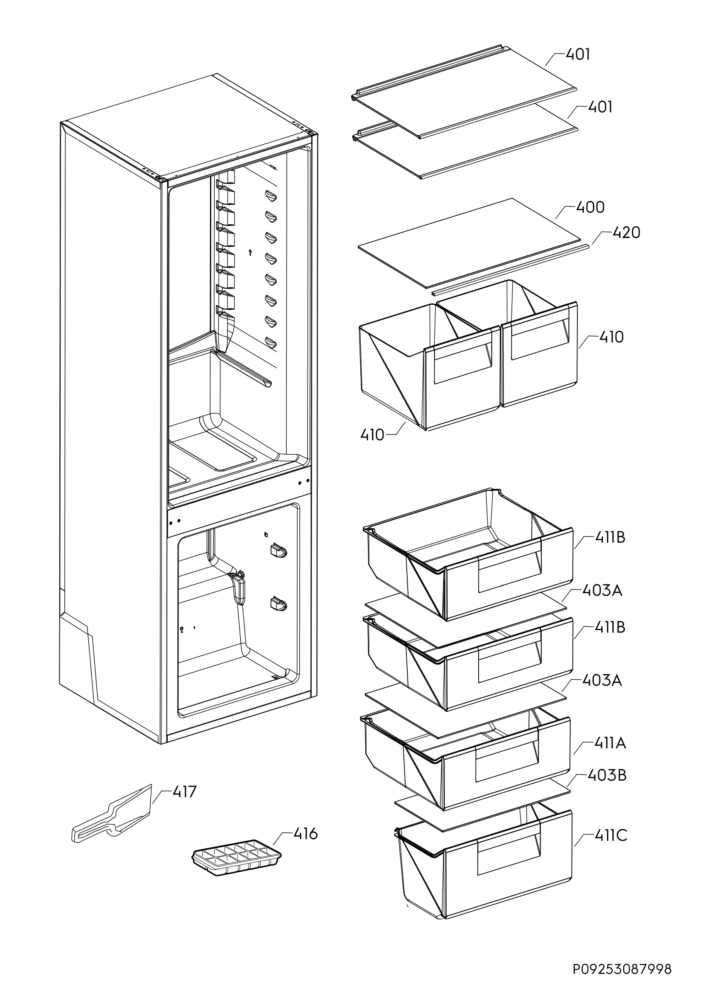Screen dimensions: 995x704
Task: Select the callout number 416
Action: (306, 833)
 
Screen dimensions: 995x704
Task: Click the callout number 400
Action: (590, 208)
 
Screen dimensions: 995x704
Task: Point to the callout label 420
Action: (626, 233)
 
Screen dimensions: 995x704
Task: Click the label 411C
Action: (610, 835)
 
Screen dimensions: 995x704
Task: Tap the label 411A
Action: (610, 744)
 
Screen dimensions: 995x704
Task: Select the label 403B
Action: (607, 775)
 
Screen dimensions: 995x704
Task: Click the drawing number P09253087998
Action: (622, 969)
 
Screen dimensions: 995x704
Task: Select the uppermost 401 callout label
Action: (578, 55)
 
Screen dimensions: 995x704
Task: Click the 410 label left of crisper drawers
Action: (372, 434)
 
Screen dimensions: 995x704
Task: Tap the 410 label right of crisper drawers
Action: (611, 337)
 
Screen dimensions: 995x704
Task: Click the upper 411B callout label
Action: (610, 538)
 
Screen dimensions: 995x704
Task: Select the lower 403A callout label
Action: (601, 681)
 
